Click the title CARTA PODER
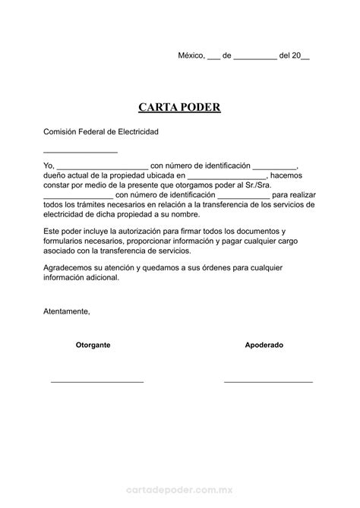tap(179, 107)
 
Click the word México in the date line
tap(191, 55)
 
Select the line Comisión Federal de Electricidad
tap(100, 131)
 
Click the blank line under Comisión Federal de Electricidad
tap(81, 152)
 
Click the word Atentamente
tap(66, 311)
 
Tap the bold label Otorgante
tap(93, 345)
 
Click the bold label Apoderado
tap(264, 345)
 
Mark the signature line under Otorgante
tap(97, 380)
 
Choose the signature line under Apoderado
tap(268, 380)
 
